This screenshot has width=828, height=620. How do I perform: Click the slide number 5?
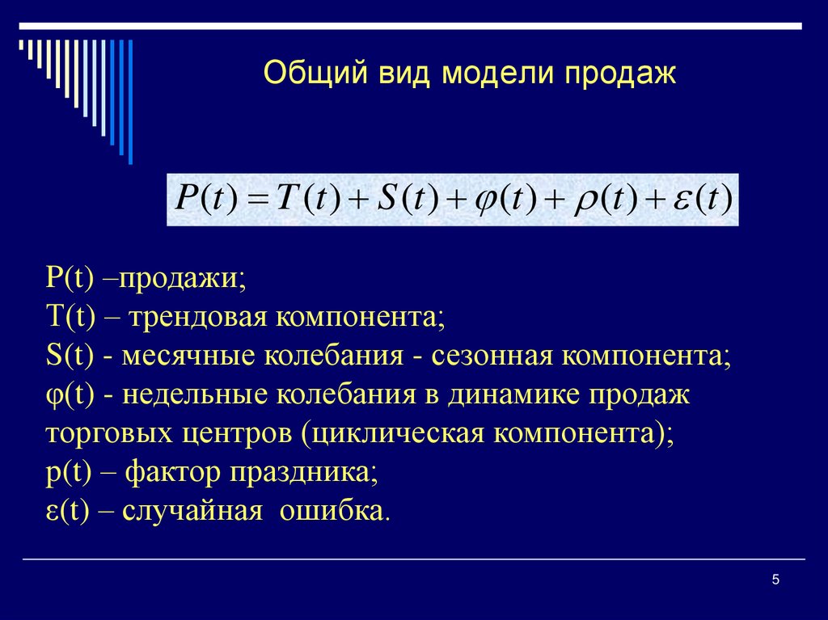pyautogui.click(x=775, y=579)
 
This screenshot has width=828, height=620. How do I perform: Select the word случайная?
pyautogui.click(x=193, y=511)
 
